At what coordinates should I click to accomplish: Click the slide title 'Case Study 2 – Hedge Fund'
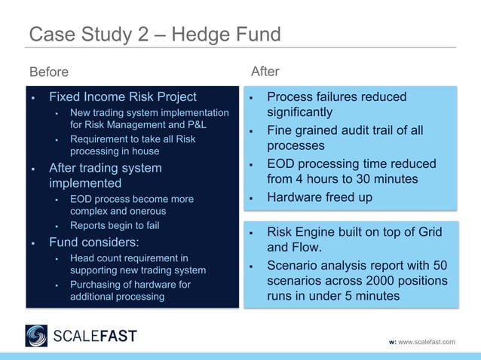155,35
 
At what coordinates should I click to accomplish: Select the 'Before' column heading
49,72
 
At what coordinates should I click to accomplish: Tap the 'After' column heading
265,72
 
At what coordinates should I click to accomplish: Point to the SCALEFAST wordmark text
94,335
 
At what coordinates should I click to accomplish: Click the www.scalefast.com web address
426,342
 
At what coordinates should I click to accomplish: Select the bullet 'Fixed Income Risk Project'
122,96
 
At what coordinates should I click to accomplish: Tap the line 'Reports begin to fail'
115,225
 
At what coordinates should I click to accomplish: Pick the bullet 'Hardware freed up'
320,197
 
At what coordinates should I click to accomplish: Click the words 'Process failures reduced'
336,96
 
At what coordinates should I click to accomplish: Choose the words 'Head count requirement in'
129,258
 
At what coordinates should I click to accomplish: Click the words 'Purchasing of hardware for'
130,285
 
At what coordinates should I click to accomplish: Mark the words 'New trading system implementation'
149,113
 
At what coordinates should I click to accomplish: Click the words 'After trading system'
105,168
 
